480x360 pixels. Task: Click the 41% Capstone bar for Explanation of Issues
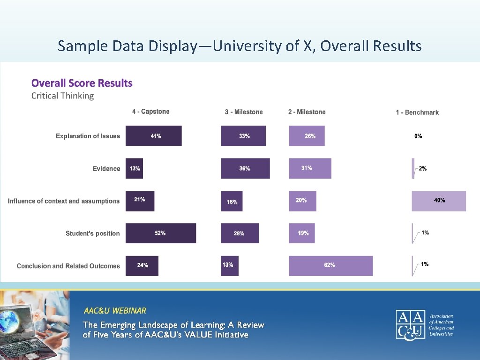click(x=153, y=136)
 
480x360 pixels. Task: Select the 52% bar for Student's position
click(x=160, y=233)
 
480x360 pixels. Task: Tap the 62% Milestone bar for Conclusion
click(x=330, y=265)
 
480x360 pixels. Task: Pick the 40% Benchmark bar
click(x=439, y=201)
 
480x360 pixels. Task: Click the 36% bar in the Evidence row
click(x=245, y=168)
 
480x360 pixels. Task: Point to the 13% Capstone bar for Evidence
click(x=134, y=168)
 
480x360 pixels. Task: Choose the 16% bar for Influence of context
click(x=232, y=201)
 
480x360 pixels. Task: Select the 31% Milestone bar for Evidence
click(x=310, y=168)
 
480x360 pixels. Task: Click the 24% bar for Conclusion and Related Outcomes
click(x=142, y=265)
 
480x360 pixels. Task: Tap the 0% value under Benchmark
click(x=418, y=136)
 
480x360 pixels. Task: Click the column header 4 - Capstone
click(x=150, y=112)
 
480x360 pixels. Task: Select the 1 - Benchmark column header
click(x=417, y=112)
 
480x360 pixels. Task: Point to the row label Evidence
click(x=106, y=169)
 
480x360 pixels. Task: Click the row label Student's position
click(x=93, y=233)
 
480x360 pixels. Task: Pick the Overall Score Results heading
click(x=82, y=83)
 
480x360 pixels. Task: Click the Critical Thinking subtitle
click(x=62, y=96)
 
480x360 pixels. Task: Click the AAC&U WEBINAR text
click(x=115, y=311)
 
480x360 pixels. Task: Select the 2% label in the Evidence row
click(x=423, y=169)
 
